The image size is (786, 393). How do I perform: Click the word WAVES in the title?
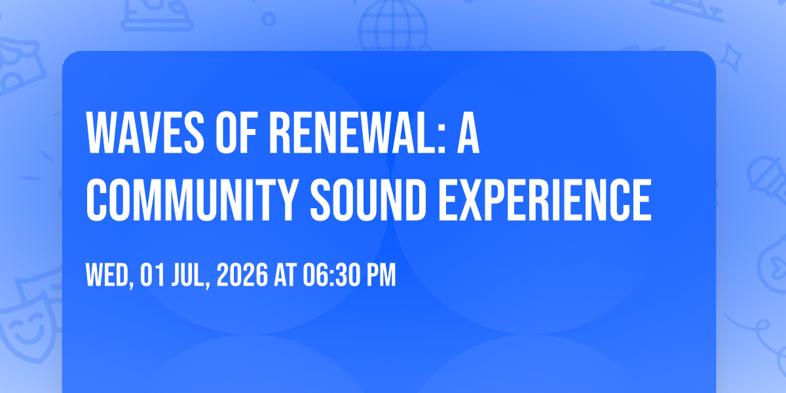(145, 132)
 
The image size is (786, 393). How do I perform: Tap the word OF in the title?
(237, 132)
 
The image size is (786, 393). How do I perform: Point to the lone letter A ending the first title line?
(468, 132)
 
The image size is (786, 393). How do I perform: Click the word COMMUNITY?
(193, 200)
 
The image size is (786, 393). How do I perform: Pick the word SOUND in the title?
(368, 200)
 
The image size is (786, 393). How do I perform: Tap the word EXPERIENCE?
(545, 200)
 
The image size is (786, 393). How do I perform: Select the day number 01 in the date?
(152, 274)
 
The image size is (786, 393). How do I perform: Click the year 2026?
(242, 274)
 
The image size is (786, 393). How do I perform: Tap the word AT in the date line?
(286, 274)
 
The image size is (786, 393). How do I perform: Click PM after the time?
(381, 274)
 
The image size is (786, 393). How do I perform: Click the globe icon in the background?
(394, 26)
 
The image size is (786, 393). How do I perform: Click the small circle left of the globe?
(269, 19)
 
